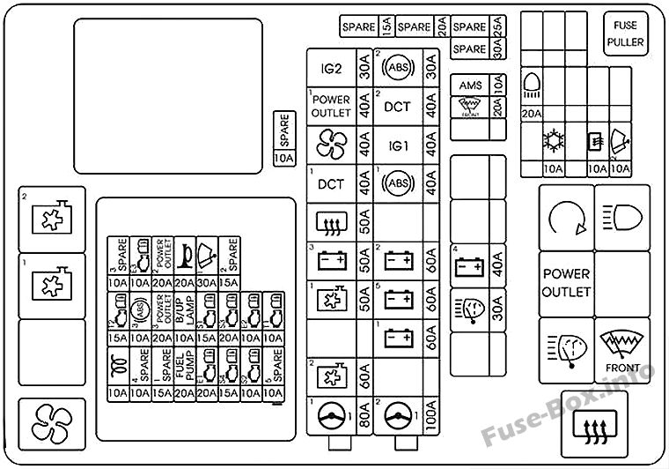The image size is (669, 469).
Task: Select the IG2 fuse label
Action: pyautogui.click(x=331, y=66)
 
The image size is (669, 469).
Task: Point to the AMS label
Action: pyautogui.click(x=471, y=86)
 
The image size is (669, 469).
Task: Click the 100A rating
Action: pyautogui.click(x=431, y=415)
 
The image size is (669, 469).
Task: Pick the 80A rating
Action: pyautogui.click(x=364, y=415)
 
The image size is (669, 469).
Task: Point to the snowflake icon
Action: pyautogui.click(x=554, y=141)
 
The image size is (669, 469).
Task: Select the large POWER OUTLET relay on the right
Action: pyautogui.click(x=566, y=282)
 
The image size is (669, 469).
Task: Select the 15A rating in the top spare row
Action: pyautogui.click(x=388, y=27)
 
